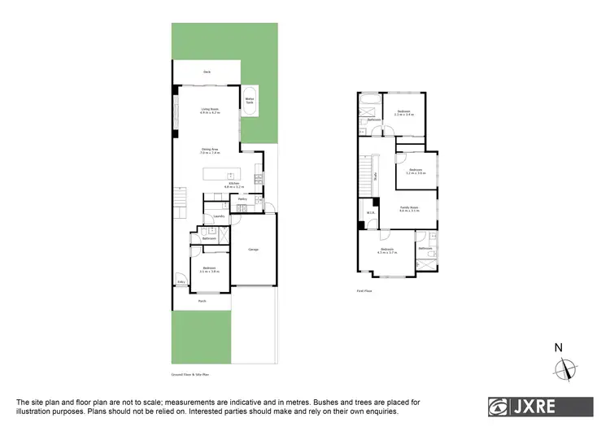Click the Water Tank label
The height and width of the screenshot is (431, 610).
250,102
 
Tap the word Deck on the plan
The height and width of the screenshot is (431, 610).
207,73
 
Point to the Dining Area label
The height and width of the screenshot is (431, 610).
210,150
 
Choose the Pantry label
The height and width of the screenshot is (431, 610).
242,198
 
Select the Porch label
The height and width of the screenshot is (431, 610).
202,300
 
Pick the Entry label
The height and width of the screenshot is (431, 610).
181,282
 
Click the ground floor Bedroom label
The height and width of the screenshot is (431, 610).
209,269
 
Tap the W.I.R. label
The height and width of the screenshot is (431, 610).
370,213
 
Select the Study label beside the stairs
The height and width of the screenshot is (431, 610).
375,175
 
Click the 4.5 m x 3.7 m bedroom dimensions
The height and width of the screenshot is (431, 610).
386,253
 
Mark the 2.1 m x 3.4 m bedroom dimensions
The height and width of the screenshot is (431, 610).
404,115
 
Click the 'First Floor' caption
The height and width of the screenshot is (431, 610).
364,290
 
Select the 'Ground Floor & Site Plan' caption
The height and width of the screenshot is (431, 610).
190,375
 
